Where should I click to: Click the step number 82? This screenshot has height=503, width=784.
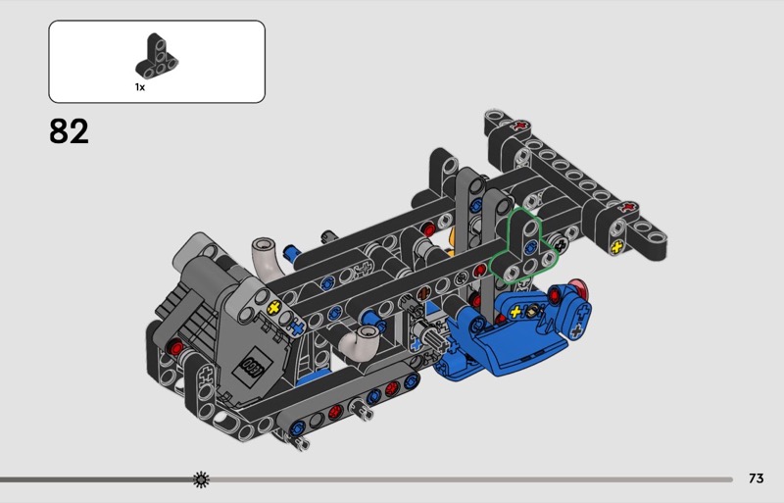click(69, 131)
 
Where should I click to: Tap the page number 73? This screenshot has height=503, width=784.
click(756, 478)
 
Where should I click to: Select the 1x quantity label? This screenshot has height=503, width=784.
click(140, 87)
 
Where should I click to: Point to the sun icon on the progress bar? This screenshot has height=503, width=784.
click(201, 478)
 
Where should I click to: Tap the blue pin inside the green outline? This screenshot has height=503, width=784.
click(531, 246)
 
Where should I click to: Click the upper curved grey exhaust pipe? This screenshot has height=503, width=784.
click(264, 256)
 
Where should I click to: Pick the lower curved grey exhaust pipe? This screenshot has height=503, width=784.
click(361, 343)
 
